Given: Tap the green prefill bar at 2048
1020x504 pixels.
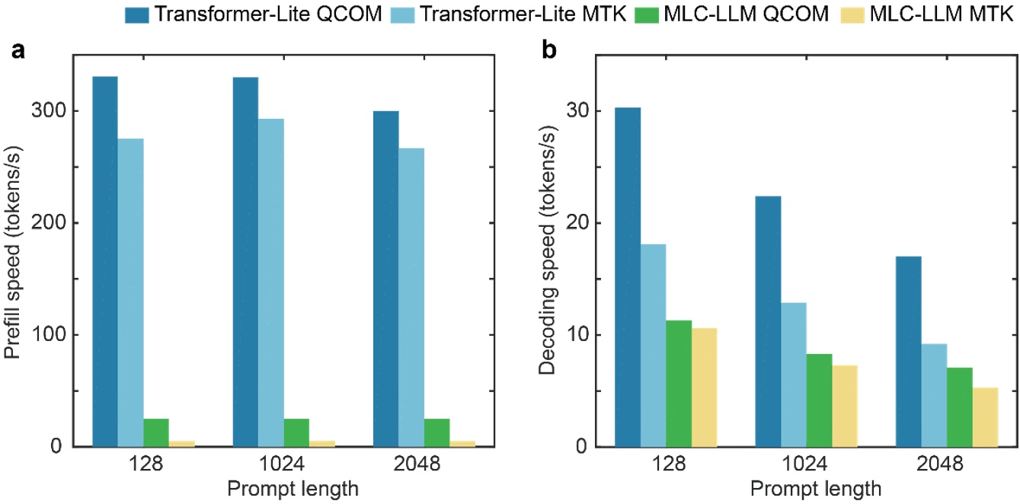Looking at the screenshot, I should (x=437, y=432).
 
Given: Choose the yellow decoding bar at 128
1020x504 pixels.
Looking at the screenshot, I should (x=705, y=387).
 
